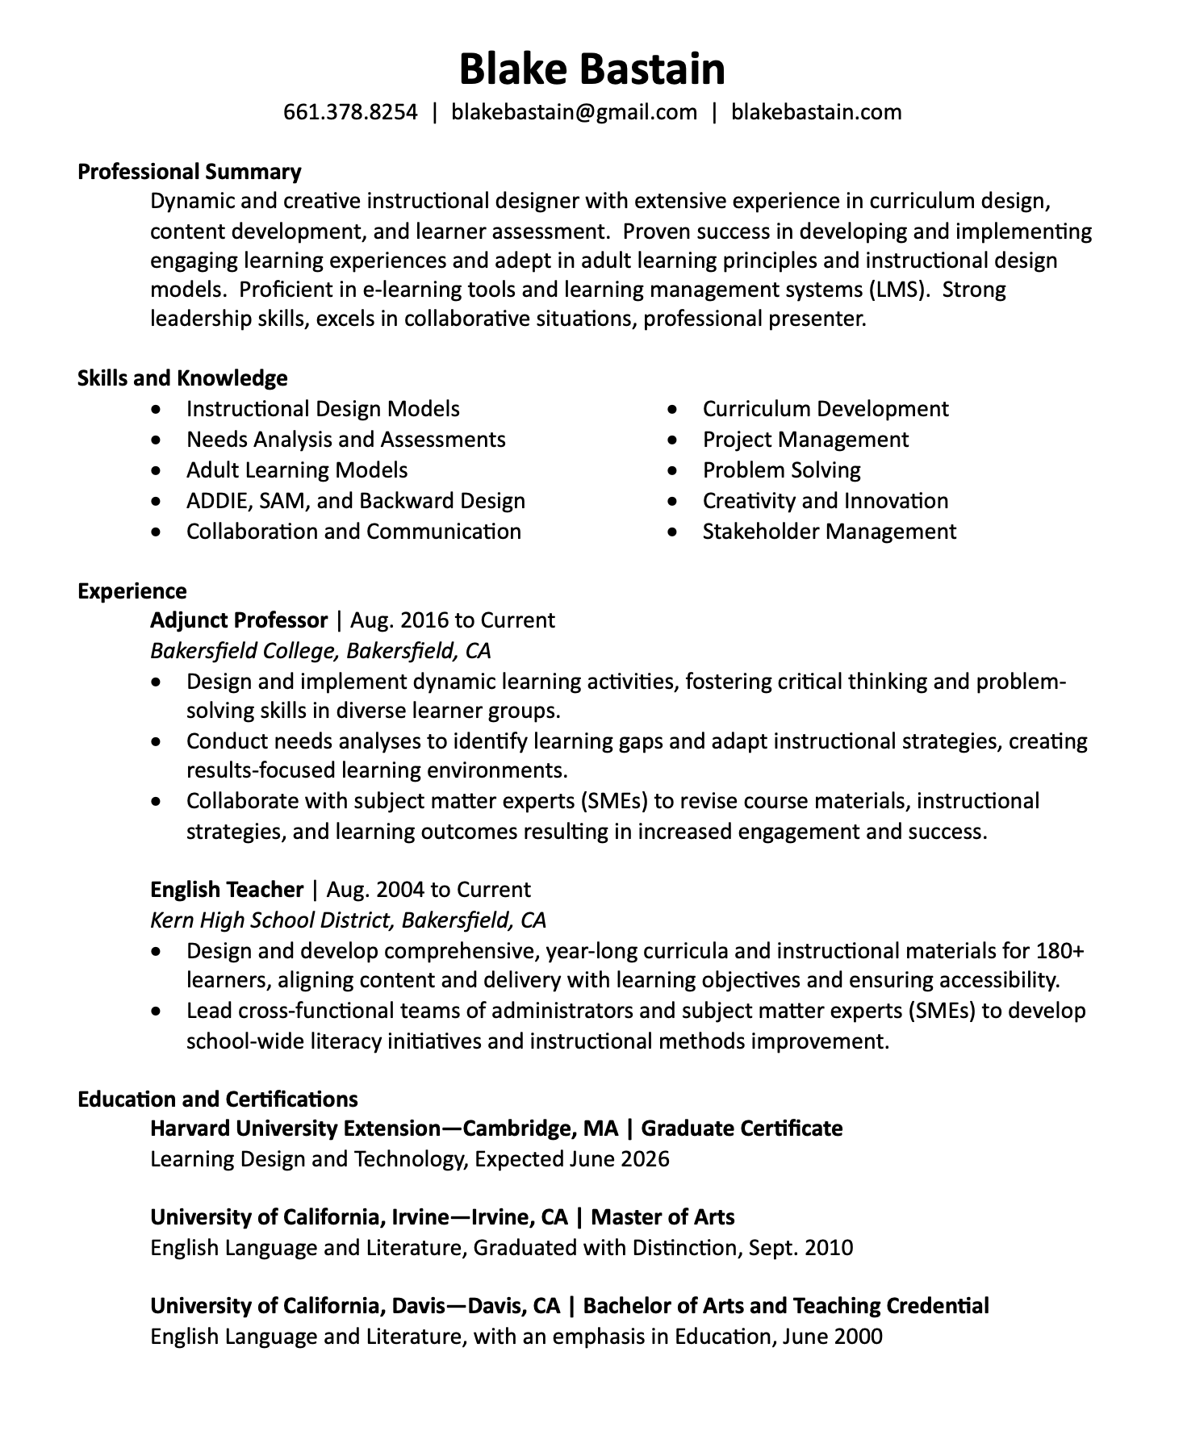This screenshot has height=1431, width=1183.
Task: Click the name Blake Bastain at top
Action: [591, 69]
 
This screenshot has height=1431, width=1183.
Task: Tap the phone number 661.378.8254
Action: [350, 112]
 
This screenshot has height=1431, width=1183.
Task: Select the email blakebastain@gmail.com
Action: [574, 112]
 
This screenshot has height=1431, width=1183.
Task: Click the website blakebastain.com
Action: [816, 112]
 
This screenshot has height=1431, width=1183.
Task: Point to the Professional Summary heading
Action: [189, 172]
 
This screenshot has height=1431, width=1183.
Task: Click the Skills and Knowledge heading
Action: [182, 378]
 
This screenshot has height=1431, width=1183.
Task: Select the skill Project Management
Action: [805, 440]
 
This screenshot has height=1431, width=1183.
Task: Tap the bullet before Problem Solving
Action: [675, 471]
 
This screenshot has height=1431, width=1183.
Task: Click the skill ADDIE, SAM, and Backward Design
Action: [355, 501]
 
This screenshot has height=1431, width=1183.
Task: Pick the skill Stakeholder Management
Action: [829, 532]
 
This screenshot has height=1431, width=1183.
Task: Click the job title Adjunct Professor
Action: [239, 620]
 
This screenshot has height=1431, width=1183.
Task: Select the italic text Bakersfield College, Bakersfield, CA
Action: [320, 650]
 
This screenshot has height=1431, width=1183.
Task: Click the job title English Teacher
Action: [227, 890]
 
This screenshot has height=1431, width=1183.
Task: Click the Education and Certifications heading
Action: [217, 1099]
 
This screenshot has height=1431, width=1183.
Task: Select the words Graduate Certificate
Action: [742, 1129]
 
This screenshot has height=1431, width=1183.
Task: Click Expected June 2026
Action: [572, 1159]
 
